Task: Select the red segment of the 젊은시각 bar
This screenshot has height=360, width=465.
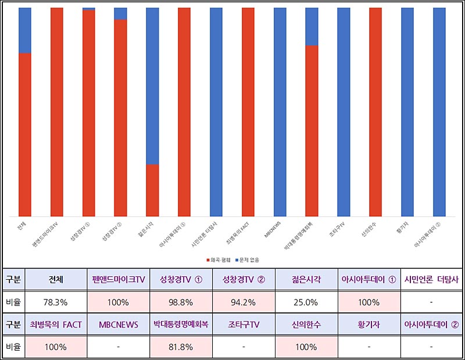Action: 152,190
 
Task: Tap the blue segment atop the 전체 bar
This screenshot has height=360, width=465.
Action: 25,30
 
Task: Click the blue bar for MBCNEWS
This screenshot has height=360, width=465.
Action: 280,112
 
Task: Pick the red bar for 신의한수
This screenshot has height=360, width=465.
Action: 375,112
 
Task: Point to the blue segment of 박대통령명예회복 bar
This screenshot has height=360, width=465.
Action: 312,26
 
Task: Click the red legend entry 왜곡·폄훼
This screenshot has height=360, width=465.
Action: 219,259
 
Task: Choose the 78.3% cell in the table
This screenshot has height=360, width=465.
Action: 56,302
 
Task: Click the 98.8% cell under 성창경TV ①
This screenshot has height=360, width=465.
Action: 181,302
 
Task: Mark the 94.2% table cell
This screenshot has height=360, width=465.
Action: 244,302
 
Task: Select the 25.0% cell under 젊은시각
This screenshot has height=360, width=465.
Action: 306,302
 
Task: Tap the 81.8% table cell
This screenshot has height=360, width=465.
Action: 181,347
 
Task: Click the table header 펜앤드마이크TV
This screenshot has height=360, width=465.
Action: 119,280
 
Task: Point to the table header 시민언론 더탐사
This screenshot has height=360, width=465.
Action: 431,280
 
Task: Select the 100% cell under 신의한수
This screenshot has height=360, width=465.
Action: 306,347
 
